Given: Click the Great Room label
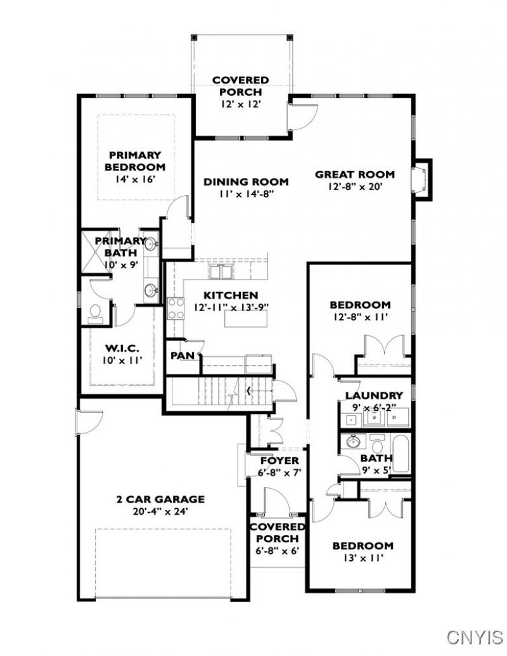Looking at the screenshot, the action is click(354, 174).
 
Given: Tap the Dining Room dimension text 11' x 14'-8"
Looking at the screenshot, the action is click(245, 194).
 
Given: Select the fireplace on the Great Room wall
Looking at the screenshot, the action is click(421, 180).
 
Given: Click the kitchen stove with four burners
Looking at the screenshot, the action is click(176, 308).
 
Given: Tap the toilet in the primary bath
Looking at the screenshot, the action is click(95, 314).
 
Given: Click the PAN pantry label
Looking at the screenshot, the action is click(183, 356).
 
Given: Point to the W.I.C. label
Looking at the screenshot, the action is click(122, 348).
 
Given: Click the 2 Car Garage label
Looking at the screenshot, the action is click(160, 499).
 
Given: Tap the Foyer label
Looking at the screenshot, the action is click(280, 461).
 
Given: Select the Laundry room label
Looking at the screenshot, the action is click(374, 396).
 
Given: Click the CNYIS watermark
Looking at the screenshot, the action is click(475, 637).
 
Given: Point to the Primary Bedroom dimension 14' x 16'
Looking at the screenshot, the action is click(136, 179).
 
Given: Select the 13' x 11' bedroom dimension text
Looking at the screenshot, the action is click(363, 558).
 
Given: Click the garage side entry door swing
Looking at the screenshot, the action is click(89, 423).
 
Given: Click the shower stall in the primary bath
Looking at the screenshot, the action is click(95, 252).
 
